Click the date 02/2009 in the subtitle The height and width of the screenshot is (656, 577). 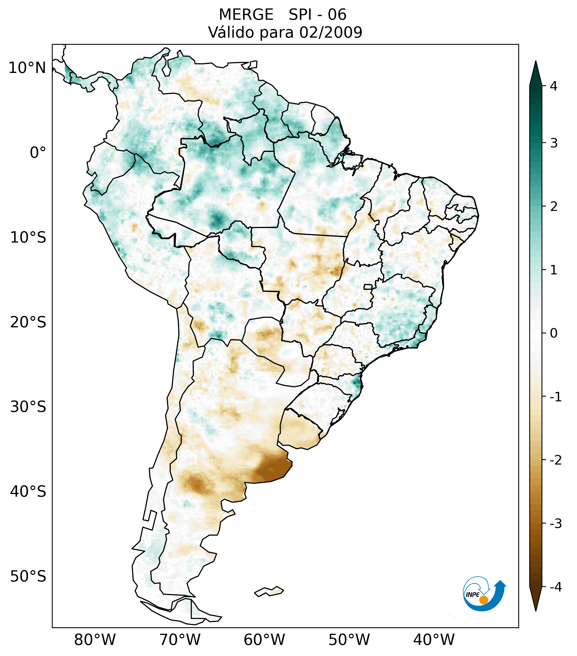[331, 32]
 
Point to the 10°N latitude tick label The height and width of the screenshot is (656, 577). [27, 68]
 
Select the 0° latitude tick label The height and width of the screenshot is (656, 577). [38, 153]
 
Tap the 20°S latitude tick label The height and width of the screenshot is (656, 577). [28, 322]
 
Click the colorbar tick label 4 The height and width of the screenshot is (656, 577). [554, 86]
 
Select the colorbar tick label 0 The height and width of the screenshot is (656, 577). [554, 333]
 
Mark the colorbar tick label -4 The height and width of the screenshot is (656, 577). [555, 587]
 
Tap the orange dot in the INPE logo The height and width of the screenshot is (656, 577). [484, 600]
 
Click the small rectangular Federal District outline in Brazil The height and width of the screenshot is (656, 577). [368, 287]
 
